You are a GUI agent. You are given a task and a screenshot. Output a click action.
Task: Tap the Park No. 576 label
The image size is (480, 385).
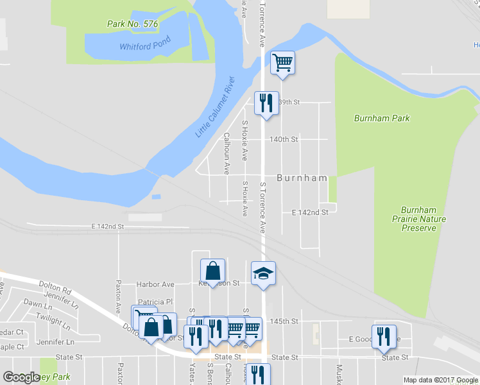coord(132,24)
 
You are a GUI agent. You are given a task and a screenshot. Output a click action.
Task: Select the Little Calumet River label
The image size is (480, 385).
coord(216,107)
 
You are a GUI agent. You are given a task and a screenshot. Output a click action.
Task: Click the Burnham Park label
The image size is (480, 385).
coord(382,118)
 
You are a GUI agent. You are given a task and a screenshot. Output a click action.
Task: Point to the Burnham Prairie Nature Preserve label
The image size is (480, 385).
coord(423,219)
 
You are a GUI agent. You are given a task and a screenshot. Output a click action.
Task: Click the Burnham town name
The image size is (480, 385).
coord(302,178)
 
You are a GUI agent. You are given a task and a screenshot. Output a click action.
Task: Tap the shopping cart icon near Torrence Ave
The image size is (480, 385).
coord(282,64)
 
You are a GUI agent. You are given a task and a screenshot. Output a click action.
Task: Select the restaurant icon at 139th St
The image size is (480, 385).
coord(266,103)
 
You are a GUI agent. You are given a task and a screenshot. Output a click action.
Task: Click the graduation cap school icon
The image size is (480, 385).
coord(263,273)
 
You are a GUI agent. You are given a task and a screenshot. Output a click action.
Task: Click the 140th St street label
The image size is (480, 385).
coord(284,139)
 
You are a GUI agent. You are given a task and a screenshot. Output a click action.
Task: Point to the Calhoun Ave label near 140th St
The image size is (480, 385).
coord(227,153)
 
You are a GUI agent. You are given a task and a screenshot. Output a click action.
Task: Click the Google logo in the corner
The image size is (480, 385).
coord(21,377)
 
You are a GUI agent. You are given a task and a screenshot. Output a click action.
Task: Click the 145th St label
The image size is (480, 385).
coord(286,321)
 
